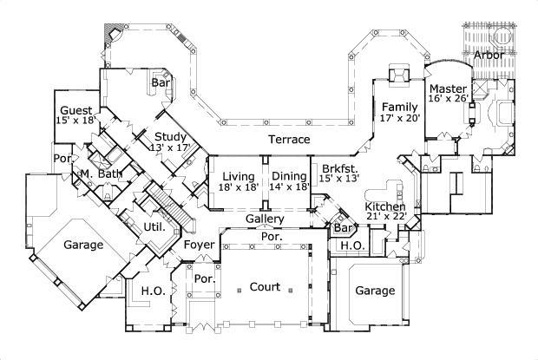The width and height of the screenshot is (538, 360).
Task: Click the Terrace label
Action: click(x=289, y=139)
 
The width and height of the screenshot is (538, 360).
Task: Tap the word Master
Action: click(x=449, y=88)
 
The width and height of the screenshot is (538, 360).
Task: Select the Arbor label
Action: click(x=488, y=55)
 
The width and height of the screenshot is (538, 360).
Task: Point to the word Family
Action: click(x=400, y=106)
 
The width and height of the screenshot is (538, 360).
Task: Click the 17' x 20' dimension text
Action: click(x=400, y=118)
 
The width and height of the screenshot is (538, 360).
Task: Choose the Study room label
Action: click(x=172, y=136)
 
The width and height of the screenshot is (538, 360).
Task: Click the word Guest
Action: click(x=76, y=110)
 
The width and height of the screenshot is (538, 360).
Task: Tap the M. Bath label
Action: click(x=97, y=173)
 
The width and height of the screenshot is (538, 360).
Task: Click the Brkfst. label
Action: click(x=339, y=168)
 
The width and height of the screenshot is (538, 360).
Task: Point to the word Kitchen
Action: click(x=384, y=206)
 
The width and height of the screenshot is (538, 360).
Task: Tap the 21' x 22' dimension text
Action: click(x=385, y=217)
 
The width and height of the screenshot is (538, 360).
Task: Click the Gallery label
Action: click(x=265, y=219)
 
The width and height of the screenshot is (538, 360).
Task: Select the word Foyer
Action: click(x=199, y=245)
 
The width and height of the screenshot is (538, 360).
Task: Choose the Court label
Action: click(x=265, y=287)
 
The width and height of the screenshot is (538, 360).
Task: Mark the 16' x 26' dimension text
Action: click(x=449, y=99)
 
